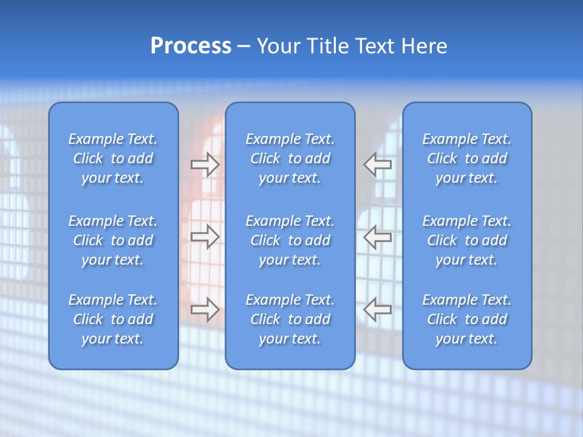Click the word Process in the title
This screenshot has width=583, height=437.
tap(191, 46)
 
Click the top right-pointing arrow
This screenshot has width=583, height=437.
tap(205, 164)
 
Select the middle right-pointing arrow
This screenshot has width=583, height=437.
tap(205, 237)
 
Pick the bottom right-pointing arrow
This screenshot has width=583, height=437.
tap(205, 310)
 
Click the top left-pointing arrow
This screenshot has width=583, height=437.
tap(378, 164)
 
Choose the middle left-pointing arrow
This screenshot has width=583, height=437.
tap(378, 237)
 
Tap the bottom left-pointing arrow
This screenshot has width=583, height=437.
tap(378, 310)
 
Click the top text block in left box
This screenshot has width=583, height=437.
tap(113, 158)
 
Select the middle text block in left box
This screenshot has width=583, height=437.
tap(113, 240)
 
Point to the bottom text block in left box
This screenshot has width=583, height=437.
tap(113, 319)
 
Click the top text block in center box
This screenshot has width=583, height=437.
tap(290, 158)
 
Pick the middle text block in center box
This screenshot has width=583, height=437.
tap(290, 240)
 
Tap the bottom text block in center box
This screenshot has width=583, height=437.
tap(290, 319)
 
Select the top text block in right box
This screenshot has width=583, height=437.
tap(466, 158)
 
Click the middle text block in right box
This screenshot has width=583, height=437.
tap(466, 240)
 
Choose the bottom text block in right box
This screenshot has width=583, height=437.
tap(466, 319)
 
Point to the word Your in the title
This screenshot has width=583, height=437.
tap(279, 46)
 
